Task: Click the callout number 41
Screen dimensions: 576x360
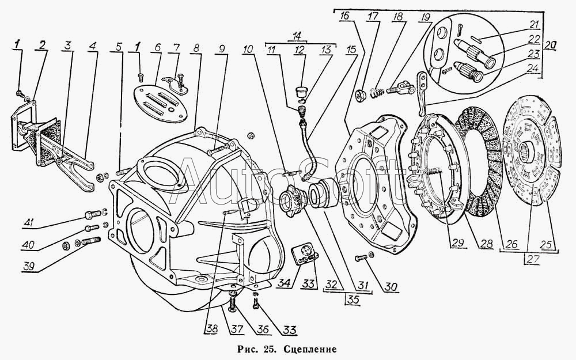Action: [28, 222]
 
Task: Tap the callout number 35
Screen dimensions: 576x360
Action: [353, 300]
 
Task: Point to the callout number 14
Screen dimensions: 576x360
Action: [297, 36]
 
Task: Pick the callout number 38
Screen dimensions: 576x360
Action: [211, 329]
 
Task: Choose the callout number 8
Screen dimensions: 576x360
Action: [196, 48]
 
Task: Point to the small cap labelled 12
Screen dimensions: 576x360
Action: [302, 89]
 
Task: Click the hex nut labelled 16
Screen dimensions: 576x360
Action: [361, 94]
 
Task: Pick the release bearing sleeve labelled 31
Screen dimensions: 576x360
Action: [322, 194]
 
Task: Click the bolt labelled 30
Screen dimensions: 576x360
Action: [361, 258]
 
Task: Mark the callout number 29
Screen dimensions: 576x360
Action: [458, 243]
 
